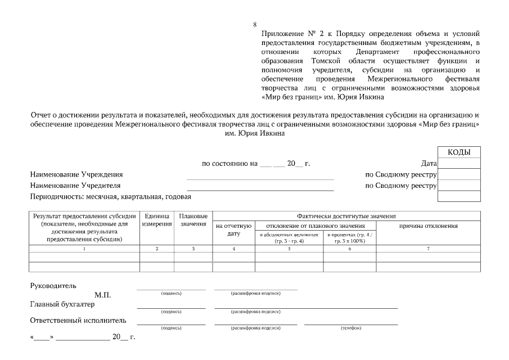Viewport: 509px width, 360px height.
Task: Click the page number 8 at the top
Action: (x=255, y=24)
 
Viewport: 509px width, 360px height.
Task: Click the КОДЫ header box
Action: (x=459, y=152)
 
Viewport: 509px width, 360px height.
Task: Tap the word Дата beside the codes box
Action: (x=429, y=164)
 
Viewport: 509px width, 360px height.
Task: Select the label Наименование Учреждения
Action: (x=76, y=174)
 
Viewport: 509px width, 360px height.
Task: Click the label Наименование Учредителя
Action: (x=75, y=185)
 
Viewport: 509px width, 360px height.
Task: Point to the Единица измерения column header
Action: (x=157, y=220)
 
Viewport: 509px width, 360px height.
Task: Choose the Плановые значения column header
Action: (x=193, y=220)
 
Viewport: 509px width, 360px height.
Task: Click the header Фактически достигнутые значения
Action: (x=346, y=216)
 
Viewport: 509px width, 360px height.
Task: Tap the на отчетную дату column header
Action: (x=233, y=229)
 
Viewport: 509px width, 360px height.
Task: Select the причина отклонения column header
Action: (x=428, y=226)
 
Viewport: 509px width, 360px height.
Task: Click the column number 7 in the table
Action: (x=428, y=248)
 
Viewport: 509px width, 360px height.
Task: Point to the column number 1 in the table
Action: (x=84, y=248)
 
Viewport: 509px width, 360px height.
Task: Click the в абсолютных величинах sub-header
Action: (x=289, y=237)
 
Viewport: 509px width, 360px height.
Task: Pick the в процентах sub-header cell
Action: (x=350, y=237)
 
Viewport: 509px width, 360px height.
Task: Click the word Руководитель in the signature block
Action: (x=53, y=286)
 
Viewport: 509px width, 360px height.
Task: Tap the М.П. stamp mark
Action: (x=103, y=295)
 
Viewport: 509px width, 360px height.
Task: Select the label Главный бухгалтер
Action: (x=62, y=304)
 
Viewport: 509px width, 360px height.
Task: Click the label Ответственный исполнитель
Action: (x=78, y=321)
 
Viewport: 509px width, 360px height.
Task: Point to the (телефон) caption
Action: (x=350, y=328)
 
